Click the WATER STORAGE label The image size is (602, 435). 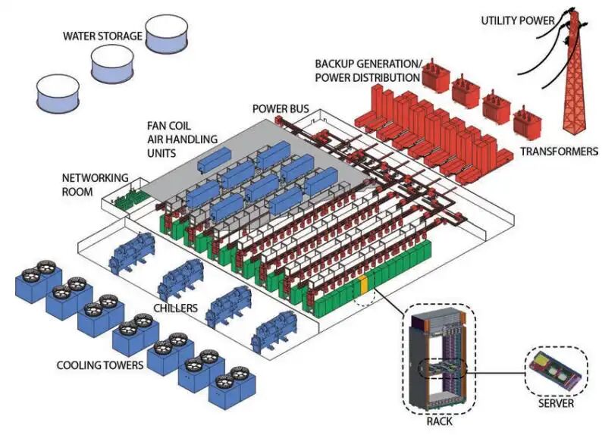pos(102,36)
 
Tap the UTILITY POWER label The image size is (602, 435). pos(517,20)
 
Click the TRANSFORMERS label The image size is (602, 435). pos(559,152)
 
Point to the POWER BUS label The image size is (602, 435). pos(281,109)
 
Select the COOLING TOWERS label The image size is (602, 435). pos(99,365)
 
